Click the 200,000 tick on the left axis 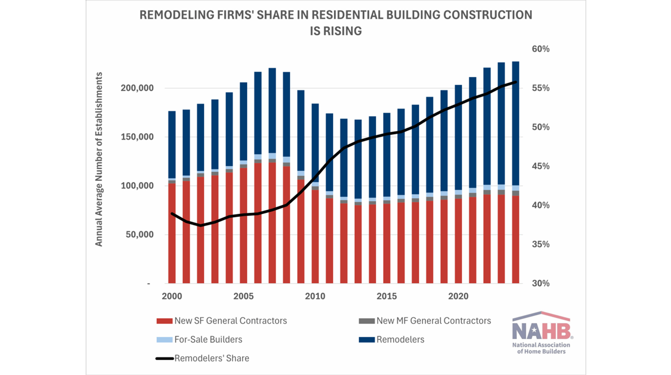[137, 88]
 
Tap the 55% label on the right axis [541, 88]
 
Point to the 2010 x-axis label [315, 297]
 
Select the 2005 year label [243, 297]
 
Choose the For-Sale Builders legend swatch [164, 340]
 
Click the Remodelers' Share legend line [164, 359]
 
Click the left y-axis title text [99, 159]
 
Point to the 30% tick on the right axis [541, 284]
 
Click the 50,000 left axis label [140, 234]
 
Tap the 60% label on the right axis [541, 49]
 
